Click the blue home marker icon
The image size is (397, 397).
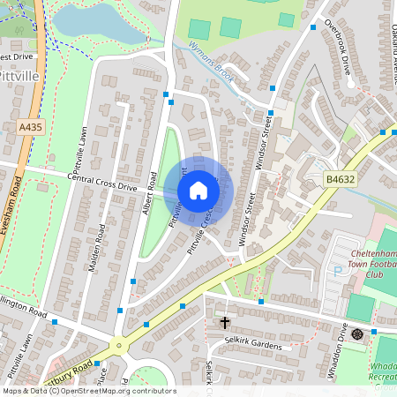tap(198, 191)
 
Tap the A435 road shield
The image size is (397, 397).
tap(30, 128)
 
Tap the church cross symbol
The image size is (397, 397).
tap(224, 323)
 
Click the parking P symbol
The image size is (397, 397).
tap(337, 270)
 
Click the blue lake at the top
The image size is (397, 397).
tap(88, 22)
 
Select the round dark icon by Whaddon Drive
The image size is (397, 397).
tap(356, 333)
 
